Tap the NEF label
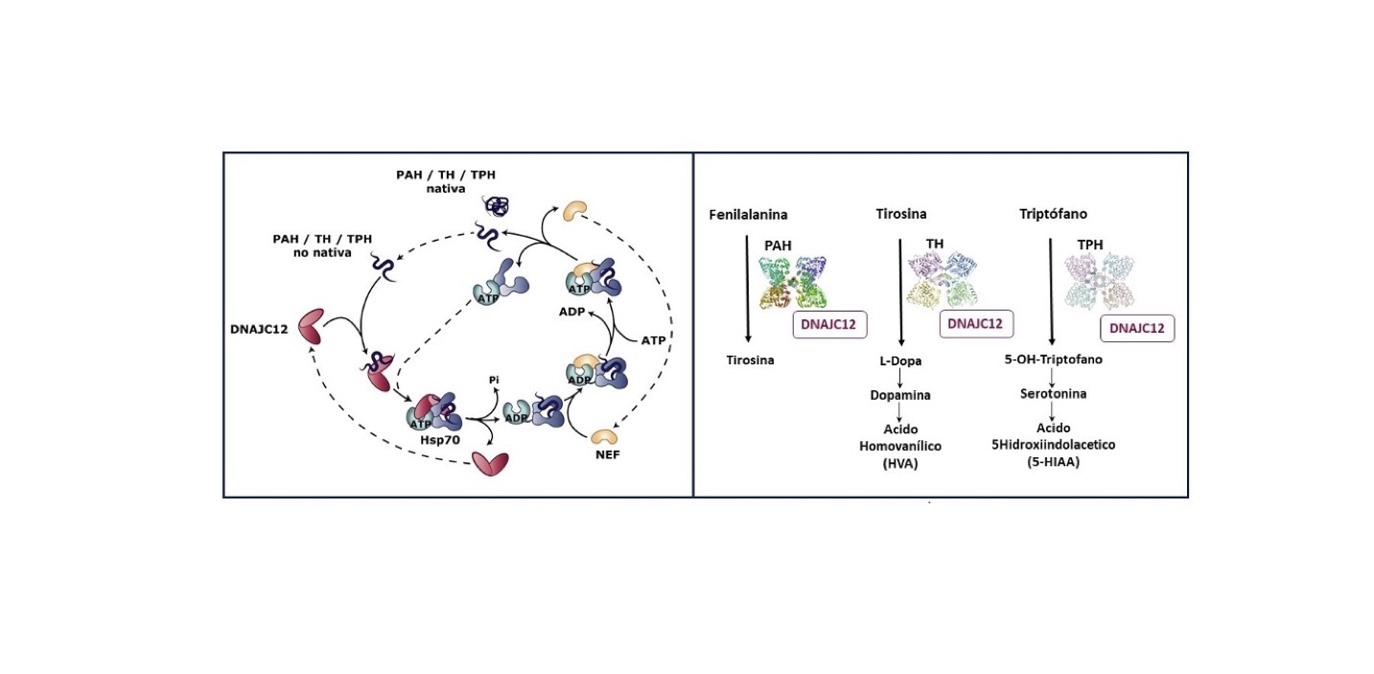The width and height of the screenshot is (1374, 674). click(x=607, y=454)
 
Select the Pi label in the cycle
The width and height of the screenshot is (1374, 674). click(x=494, y=379)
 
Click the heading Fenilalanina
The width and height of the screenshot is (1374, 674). click(x=748, y=216)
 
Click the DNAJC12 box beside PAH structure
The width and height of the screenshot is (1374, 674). click(x=829, y=324)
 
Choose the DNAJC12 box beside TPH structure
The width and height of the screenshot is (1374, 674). click(x=1137, y=328)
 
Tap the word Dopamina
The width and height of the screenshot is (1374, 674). click(x=901, y=394)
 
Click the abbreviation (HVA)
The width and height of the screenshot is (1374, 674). click(x=901, y=465)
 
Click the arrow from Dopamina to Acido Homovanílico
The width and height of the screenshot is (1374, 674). click(x=901, y=410)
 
